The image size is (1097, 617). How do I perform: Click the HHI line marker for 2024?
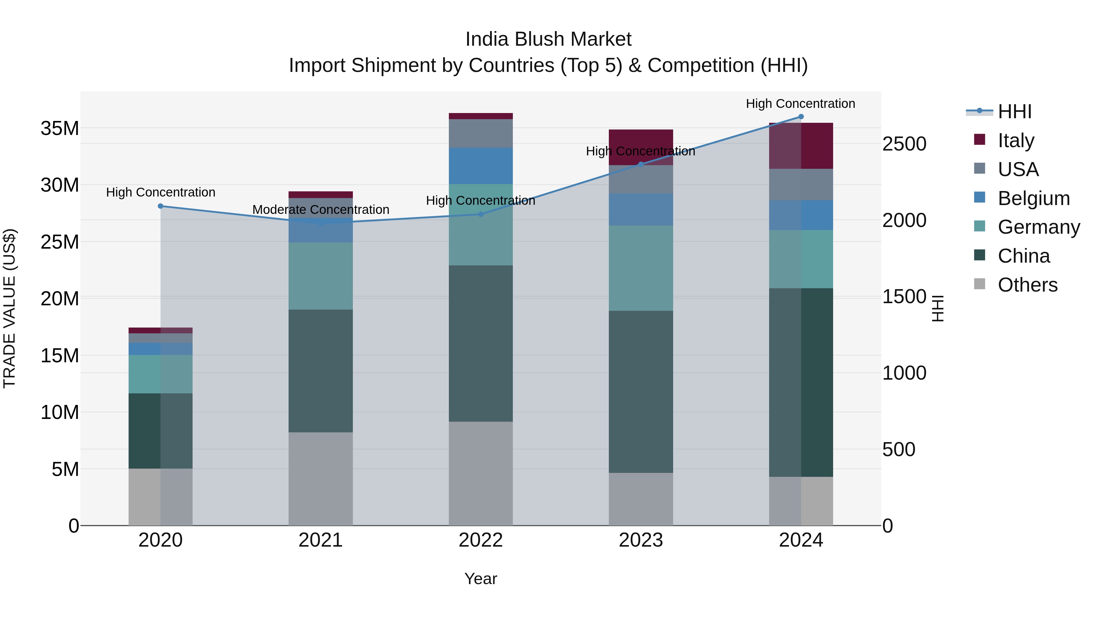801,117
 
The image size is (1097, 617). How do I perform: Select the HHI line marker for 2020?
161,206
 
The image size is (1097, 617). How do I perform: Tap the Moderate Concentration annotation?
321,210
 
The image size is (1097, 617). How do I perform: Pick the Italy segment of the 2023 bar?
641,147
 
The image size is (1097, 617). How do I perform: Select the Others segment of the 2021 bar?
321,479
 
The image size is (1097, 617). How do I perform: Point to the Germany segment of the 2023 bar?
641,268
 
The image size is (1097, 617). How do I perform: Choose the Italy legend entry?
1015,140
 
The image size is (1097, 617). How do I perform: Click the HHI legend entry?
1014,112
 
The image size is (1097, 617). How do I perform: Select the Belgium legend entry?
1033,198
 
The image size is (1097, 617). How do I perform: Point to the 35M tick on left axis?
60,128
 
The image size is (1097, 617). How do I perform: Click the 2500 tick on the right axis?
904,144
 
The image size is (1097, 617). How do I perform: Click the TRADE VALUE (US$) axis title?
9,308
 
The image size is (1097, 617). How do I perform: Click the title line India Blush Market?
548,39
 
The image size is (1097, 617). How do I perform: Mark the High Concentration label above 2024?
800,104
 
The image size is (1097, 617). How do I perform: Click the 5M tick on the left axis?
65,469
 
